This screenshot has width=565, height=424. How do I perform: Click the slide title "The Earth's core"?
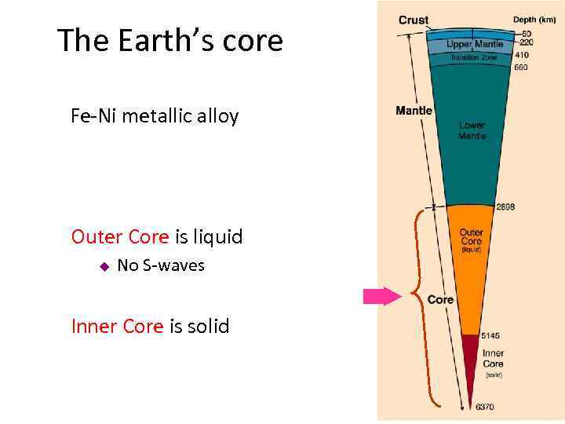pos(169,41)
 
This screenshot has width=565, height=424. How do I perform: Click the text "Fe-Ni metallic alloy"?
pos(155,117)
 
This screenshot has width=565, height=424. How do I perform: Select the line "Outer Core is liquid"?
pos(157,236)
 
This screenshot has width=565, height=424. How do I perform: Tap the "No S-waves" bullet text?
pos(160,265)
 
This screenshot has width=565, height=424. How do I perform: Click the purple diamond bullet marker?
pos(103,266)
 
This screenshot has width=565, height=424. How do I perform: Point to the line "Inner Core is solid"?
pos(150,326)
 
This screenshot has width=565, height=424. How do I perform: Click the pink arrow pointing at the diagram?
pos(381,296)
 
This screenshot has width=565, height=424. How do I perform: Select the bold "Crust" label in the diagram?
pos(413,20)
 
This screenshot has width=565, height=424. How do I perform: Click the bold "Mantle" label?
pos(414,111)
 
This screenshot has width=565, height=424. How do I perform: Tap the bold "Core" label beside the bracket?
pos(440,300)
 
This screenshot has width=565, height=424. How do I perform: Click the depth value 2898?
pos(505,208)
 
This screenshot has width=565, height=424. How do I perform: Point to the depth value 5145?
pos(492,336)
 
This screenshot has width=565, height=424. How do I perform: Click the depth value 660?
pos(521,68)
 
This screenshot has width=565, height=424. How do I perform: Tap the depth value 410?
pos(521,56)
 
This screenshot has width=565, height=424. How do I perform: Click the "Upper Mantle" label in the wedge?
pos(475,45)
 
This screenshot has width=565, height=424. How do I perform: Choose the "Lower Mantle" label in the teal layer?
pos(472,130)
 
